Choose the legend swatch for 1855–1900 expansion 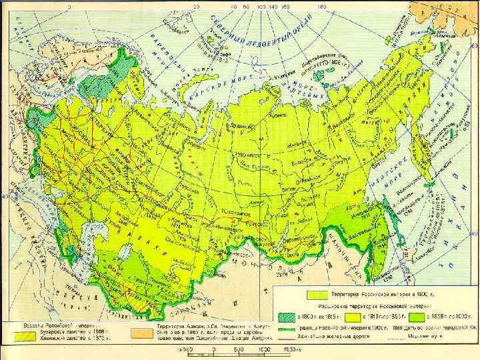[x=417, y=317]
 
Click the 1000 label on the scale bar [x=265, y=349]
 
